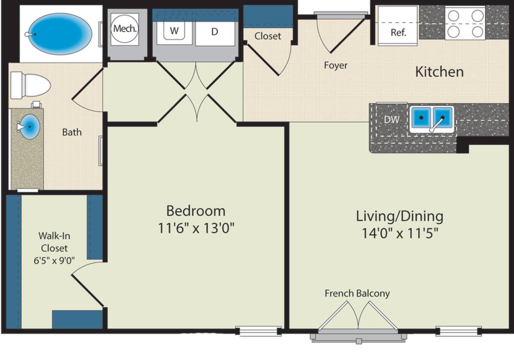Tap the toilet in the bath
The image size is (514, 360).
[30, 85]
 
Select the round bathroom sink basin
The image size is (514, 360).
[30, 127]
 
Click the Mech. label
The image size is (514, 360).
[125, 29]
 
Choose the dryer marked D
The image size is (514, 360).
[215, 32]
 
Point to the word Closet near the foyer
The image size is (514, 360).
[267, 36]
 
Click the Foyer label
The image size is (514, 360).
[336, 66]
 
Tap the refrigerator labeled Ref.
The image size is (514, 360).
[397, 26]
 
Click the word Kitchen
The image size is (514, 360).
[439, 72]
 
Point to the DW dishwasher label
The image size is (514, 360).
[392, 120]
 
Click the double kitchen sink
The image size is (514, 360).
[432, 119]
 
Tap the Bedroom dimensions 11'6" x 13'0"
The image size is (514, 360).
[196, 228]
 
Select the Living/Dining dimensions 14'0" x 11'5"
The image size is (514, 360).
[400, 233]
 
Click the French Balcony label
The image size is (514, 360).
[357, 293]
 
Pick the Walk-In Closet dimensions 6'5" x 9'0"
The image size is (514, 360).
[54, 261]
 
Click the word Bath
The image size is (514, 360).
[72, 132]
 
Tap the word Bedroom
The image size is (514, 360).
[196, 211]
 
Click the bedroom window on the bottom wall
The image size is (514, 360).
[258, 331]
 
